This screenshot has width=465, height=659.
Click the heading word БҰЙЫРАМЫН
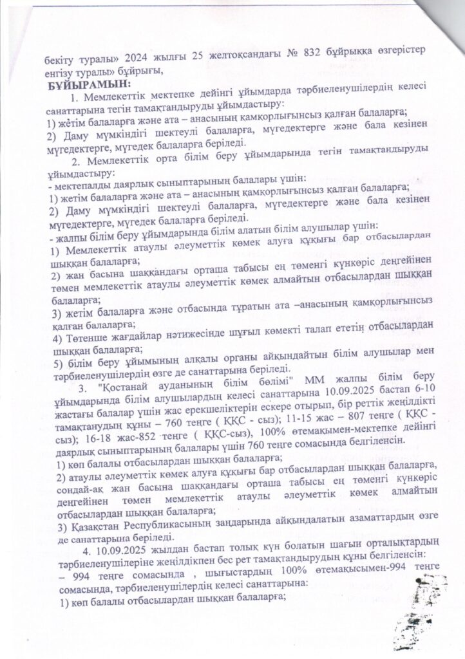point(88,84)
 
